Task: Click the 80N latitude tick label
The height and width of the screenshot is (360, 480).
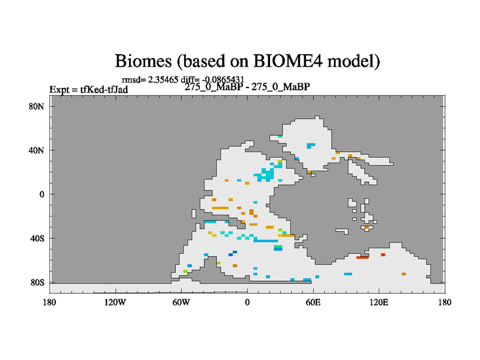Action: point(37,107)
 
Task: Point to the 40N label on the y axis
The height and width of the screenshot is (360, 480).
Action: point(37,151)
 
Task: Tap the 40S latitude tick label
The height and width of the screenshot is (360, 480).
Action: point(37,238)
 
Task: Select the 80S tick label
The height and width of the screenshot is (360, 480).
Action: point(37,282)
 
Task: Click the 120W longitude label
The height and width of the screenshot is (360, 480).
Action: point(115,302)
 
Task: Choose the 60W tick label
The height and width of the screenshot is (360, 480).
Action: point(181,302)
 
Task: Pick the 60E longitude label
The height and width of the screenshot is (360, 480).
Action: point(313,302)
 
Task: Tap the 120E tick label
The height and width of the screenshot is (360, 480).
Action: point(379,302)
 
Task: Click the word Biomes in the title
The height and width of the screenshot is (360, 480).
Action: point(143,61)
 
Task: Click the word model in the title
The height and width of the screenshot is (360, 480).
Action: point(353,61)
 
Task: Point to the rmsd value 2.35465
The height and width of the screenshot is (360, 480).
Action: point(163,80)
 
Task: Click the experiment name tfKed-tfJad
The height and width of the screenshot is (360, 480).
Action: point(104,89)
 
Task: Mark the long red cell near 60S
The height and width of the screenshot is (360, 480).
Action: point(362,257)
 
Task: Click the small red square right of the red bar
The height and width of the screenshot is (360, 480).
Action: point(383,254)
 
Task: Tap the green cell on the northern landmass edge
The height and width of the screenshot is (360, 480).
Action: point(280,137)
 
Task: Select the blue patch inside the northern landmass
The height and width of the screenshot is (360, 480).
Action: point(311,145)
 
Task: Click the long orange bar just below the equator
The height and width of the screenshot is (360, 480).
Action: point(220,208)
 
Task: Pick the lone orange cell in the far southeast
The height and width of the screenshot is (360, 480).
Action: point(404,274)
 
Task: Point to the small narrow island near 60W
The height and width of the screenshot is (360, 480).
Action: point(193,214)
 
